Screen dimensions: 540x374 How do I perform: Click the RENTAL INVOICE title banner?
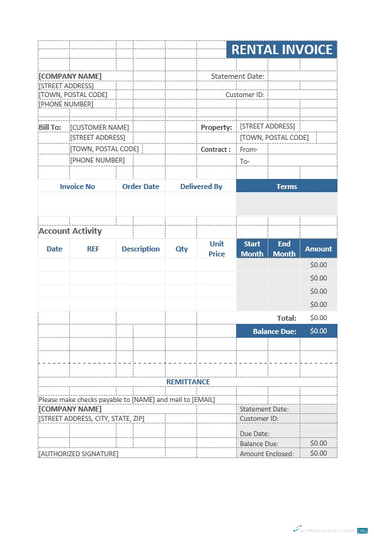pos(281,50)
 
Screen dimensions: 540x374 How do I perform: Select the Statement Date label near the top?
pos(237,76)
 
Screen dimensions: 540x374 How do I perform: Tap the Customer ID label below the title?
pos(245,95)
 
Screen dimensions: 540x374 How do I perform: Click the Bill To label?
pos(50,127)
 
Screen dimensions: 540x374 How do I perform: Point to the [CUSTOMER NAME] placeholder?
pos(99,127)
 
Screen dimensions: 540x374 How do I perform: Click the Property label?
pos(216,127)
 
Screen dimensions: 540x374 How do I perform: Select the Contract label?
pos(215,149)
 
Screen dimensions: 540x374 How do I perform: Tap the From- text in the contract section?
pos(249,149)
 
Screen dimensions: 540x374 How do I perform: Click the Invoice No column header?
pos(77,187)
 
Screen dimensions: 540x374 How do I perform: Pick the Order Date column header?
pos(140,187)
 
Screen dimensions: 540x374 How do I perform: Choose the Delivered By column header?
pos(201,187)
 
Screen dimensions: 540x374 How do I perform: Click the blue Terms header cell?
pos(286,187)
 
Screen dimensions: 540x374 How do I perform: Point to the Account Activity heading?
pos(70,231)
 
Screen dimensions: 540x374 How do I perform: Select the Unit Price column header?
pos(217,249)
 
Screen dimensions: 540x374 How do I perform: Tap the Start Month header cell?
pos(252,249)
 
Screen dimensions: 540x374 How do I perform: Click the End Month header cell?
pos(284,249)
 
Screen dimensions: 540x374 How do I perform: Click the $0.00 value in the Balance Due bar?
pos(319,331)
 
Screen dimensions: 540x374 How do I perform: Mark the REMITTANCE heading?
pos(188,382)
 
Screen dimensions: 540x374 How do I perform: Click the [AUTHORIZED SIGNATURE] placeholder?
pos(78,454)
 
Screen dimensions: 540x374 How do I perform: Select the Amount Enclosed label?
pos(267,454)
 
